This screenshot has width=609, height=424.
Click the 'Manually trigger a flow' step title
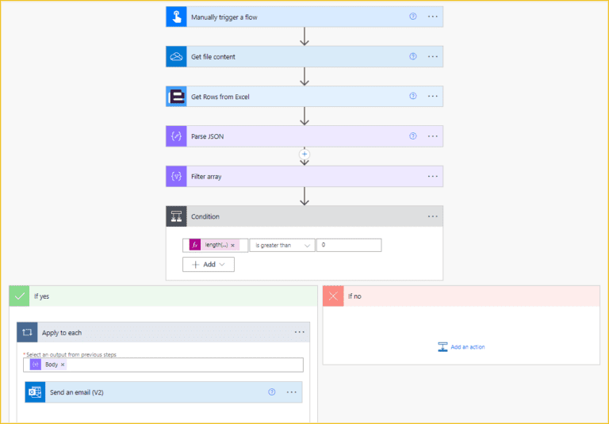tap(224, 17)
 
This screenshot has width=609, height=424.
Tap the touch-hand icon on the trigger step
tap(176, 17)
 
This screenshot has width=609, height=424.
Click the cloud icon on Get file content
tap(176, 57)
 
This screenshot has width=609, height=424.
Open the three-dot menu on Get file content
tap(433, 57)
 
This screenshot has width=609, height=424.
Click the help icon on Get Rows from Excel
tap(412, 97)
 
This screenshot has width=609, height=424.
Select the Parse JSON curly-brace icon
tap(176, 136)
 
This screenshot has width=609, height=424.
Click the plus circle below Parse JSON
tap(304, 154)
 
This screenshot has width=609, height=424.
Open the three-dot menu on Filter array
tap(433, 176)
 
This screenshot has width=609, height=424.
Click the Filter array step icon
tap(176, 176)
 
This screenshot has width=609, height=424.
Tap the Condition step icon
tap(176, 216)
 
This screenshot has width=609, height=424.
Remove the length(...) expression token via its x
tap(232, 246)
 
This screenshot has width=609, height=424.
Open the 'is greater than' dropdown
tap(282, 246)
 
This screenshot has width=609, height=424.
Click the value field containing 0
tap(349, 246)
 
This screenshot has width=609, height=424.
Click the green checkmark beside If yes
tap(19, 296)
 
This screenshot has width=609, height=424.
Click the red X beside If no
tap(333, 296)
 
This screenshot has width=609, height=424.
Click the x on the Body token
tap(63, 365)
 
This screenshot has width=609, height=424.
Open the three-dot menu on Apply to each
tap(300, 332)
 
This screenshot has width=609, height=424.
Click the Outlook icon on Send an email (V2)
tap(35, 392)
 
